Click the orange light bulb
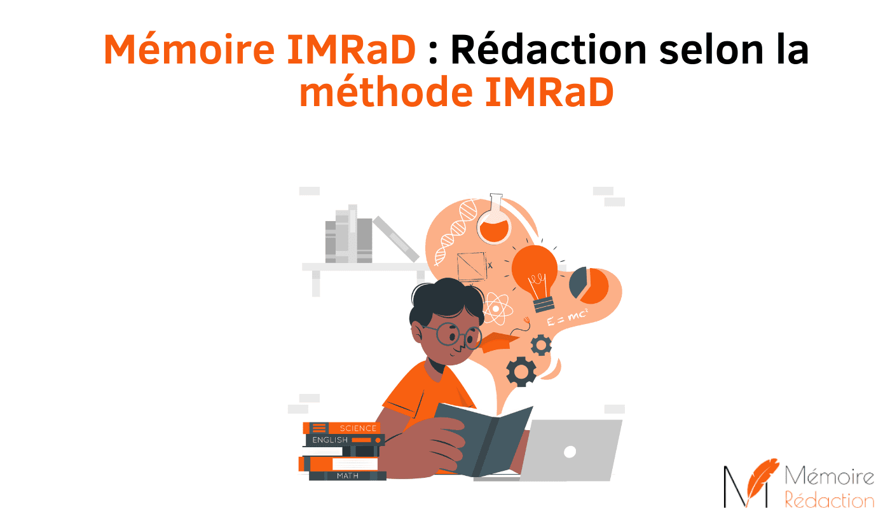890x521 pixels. point(536,270)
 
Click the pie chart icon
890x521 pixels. point(589,285)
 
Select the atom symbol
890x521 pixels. point(495,309)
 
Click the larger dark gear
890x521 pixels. point(521,372)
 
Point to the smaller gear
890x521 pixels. point(541,345)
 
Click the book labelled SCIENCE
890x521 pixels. point(343,428)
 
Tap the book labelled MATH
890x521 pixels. point(347,475)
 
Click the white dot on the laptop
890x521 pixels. point(570,452)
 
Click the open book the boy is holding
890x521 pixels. point(483,438)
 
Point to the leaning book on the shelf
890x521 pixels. point(395,238)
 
